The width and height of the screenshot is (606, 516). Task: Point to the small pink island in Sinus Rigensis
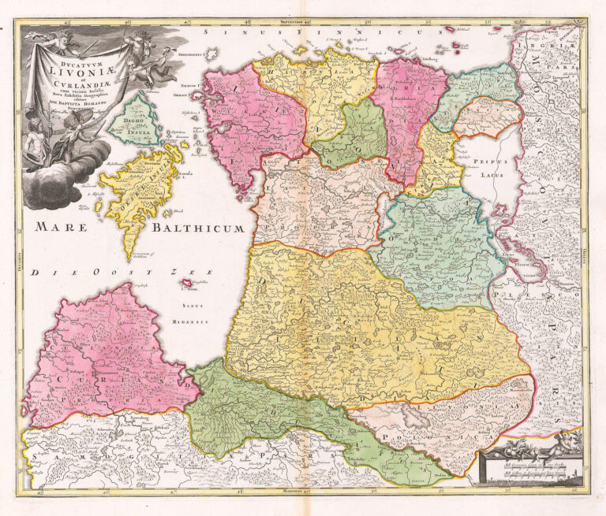point(186,283)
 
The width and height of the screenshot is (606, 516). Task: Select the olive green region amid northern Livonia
point(351,134)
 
